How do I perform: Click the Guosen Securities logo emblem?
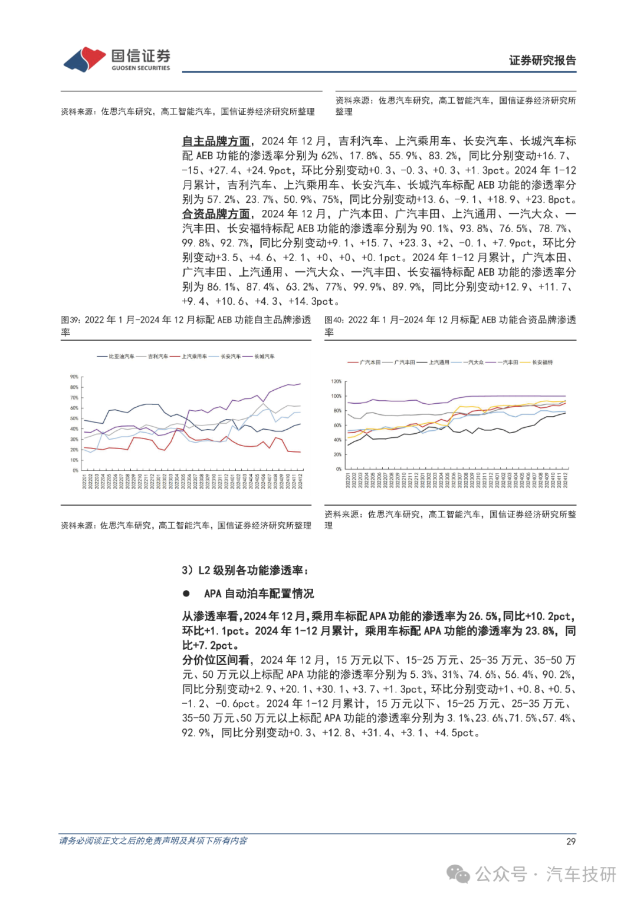pyautogui.click(x=84, y=59)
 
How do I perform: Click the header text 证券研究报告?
pyautogui.click(x=542, y=60)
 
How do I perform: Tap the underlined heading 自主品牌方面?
pyautogui.click(x=216, y=141)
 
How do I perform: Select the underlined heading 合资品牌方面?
pyautogui.click(x=216, y=214)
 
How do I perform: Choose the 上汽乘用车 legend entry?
pyautogui.click(x=194, y=357)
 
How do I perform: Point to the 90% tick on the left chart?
pyautogui.click(x=74, y=377)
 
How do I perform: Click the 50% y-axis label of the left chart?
pyautogui.click(x=74, y=418)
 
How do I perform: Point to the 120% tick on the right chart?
pyautogui.click(x=336, y=382)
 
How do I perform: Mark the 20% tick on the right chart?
pyautogui.click(x=337, y=454)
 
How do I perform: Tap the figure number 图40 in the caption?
pyautogui.click(x=333, y=320)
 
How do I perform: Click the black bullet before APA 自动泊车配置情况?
pyautogui.click(x=186, y=594)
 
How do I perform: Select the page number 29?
pyautogui.click(x=570, y=842)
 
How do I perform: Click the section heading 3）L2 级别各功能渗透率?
pyautogui.click(x=245, y=570)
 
